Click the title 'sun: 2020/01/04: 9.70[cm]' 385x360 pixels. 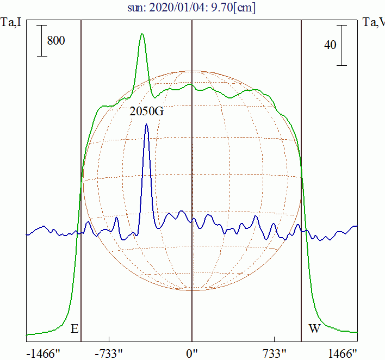tap(192, 8)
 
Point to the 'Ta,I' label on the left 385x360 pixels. tap(11, 23)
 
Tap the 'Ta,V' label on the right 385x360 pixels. tap(374, 23)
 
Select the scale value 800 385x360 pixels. tap(56, 40)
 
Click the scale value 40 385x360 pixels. tap(330, 45)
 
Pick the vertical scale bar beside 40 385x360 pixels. tap(341, 45)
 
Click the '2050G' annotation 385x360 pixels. tap(147, 111)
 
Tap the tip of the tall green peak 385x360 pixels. tap(142, 34)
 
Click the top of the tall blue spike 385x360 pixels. tap(146, 125)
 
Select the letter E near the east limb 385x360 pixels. tap(74, 328)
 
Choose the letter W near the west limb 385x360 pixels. tap(314, 328)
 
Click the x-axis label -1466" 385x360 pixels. tap(43, 353)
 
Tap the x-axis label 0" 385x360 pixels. tap(192, 353)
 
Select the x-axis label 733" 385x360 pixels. tap(275, 353)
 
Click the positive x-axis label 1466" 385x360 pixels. tap(344, 353)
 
